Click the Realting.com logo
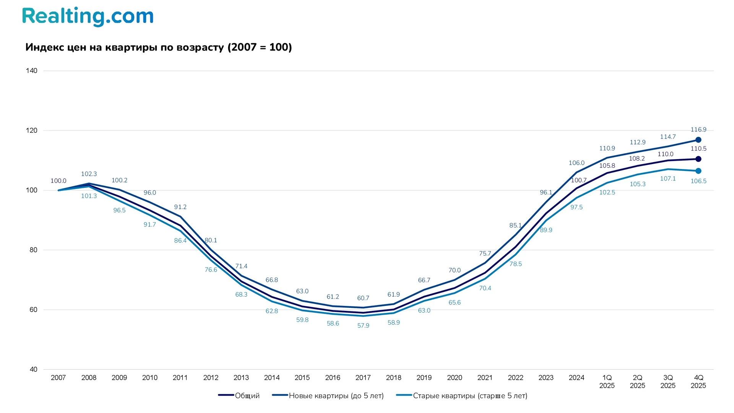point(88,16)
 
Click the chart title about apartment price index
point(159,47)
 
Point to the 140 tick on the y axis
point(32,71)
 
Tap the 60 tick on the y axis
point(33,310)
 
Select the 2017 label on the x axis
point(363,378)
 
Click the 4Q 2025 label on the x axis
point(698,382)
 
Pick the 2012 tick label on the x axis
point(211,378)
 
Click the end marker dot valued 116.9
point(698,140)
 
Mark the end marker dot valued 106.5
point(698,171)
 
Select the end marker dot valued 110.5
point(698,159)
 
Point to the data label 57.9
point(363,326)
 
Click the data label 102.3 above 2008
point(89,174)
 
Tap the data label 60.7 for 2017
point(363,298)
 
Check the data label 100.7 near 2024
point(578,180)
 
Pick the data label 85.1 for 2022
point(515,226)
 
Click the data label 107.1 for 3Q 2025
point(668,179)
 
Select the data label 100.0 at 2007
point(58,181)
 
